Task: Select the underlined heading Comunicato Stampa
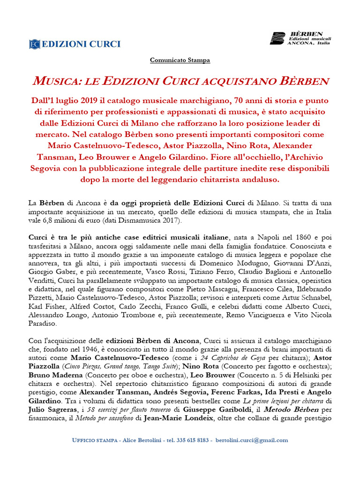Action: pos(180,60)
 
